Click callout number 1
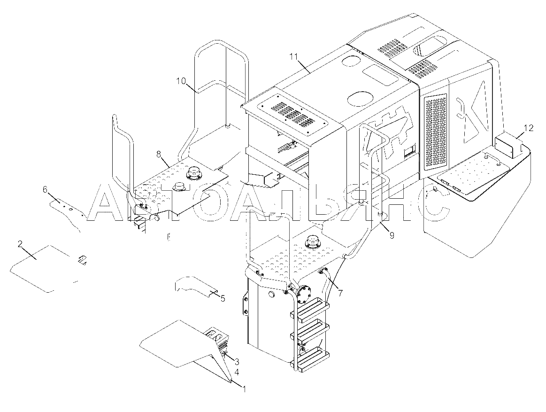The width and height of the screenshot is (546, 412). [244, 389]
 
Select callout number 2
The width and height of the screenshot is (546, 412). [20, 244]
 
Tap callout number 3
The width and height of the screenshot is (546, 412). [237, 361]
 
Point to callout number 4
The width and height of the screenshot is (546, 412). [237, 372]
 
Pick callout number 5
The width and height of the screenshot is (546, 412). [223, 298]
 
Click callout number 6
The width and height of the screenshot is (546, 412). [45, 189]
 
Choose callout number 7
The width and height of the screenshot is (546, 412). [340, 293]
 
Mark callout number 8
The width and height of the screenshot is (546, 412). [159, 153]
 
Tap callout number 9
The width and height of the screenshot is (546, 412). [392, 236]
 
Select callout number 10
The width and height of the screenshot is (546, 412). [181, 81]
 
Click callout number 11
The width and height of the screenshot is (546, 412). [294, 56]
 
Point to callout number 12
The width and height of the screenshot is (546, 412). [528, 128]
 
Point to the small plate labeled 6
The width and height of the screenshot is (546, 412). [68, 213]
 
